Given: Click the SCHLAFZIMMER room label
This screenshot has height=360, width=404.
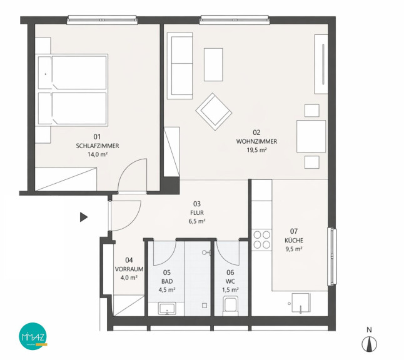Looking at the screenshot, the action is click(98, 146).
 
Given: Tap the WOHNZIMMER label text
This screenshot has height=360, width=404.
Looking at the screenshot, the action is click(256, 141).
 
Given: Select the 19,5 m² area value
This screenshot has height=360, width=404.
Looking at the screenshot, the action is click(256, 150).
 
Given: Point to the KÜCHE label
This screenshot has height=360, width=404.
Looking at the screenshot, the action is click(294, 240).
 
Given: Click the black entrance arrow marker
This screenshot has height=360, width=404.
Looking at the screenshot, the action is click(84, 217).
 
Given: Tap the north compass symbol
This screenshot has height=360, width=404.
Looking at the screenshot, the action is click(369, 344).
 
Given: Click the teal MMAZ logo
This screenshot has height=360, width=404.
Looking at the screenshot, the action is click(33, 336).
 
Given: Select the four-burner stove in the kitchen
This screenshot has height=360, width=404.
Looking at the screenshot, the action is click(261, 239).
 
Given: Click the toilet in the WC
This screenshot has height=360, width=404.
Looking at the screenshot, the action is click(230, 306).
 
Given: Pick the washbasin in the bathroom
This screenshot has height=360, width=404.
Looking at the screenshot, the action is click(167, 308).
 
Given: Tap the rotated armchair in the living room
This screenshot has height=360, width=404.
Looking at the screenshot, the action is click(214, 112).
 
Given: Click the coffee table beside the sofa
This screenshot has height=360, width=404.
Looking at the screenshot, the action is click(213, 64).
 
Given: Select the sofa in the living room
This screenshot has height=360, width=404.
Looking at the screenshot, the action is click(179, 66).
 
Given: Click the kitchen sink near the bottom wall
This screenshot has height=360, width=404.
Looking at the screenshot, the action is click(301, 303).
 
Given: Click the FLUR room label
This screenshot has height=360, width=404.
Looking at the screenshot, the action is click(197, 212).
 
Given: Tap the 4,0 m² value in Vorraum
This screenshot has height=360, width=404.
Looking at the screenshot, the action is click(129, 277).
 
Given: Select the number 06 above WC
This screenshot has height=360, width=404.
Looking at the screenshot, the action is click(230, 272).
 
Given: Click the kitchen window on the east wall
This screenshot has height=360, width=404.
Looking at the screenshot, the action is click(332, 256).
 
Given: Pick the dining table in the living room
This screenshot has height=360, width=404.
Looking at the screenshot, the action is click(311, 136).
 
